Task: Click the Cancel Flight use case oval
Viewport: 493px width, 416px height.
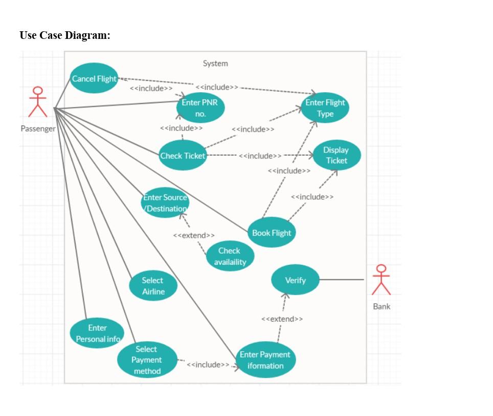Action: (94, 78)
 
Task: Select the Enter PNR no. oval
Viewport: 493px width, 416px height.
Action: (200, 108)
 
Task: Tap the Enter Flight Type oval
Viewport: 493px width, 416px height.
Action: (325, 108)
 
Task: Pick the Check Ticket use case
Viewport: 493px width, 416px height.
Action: (183, 156)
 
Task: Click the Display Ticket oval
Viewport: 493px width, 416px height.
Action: (336, 155)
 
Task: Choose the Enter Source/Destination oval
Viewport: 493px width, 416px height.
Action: (165, 203)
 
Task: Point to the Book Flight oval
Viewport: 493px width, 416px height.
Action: (272, 233)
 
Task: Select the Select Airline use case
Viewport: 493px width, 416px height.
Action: (153, 286)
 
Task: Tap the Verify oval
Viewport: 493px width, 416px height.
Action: (295, 280)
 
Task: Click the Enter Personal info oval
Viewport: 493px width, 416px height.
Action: (97, 333)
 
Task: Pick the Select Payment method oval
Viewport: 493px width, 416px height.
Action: (147, 360)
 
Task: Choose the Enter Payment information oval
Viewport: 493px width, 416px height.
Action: (265, 360)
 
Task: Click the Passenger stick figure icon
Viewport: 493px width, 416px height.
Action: (37, 101)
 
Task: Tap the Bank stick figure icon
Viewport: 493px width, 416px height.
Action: (381, 280)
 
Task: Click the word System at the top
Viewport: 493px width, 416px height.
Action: (215, 64)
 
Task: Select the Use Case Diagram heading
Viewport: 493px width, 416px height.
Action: (65, 35)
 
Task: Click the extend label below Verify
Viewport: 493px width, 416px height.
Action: (282, 319)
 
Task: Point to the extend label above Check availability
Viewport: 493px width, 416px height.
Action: (194, 235)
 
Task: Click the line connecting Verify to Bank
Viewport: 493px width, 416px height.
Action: (342, 280)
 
